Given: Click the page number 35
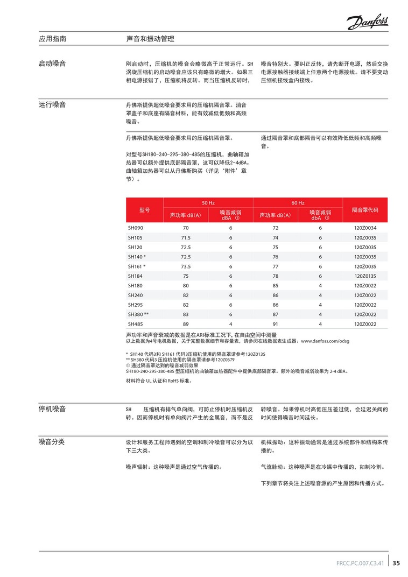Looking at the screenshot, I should [396, 564].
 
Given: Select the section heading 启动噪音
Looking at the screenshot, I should [52, 64].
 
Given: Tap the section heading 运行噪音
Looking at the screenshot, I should [52, 104].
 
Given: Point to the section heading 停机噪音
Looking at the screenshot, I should [52, 409].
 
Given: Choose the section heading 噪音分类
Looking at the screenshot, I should [52, 442].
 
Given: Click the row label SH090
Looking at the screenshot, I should [136, 228].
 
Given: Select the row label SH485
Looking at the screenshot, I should [136, 324].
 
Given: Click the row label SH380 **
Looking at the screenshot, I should [138, 314].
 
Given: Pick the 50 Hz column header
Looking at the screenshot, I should [208, 203].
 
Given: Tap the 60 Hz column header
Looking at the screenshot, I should [298, 203].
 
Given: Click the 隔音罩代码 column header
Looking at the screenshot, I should [365, 210].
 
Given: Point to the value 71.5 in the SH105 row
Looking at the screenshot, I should [186, 237].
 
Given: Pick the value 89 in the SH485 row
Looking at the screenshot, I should [186, 324].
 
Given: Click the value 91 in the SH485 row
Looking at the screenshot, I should [276, 324].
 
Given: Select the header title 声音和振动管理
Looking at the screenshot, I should [150, 39].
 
